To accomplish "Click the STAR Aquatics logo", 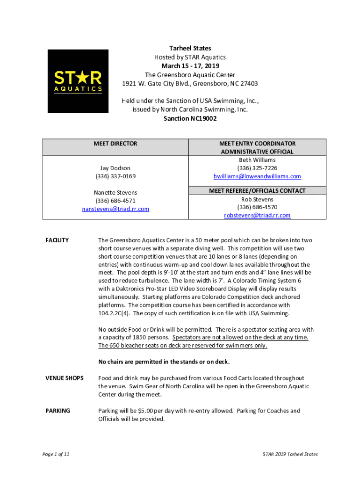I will point(78,81).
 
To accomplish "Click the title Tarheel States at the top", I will point(190,48).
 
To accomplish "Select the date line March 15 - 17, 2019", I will point(190,66).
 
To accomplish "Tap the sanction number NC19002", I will point(190,119).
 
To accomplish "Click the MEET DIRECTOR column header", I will point(115,144).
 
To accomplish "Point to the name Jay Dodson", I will point(115,168).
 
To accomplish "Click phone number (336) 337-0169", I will point(115,176).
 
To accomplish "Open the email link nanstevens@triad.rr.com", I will point(115,209).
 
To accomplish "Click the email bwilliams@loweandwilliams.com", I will point(257,176).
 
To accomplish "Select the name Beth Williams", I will point(257,160).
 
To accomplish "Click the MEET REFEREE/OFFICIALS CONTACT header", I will point(257,191).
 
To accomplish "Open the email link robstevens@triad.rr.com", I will point(257,215).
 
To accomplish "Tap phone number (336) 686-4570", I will point(257,207).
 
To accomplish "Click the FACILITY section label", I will point(57,240).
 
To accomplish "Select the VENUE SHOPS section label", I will point(65,378).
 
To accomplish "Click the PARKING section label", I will point(58,411).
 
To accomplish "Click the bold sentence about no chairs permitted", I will point(164,362).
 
